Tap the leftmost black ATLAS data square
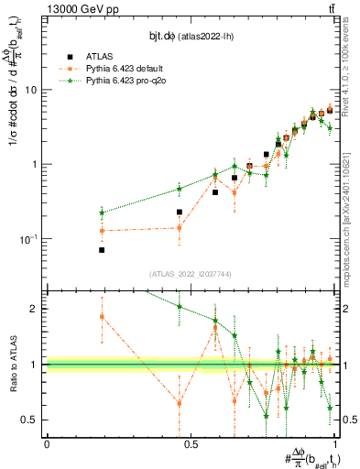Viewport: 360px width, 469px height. coord(102,249)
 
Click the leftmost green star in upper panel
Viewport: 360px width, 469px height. coord(102,213)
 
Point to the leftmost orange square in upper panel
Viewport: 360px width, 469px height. coord(102,231)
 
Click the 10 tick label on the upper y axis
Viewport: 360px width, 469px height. coord(31,90)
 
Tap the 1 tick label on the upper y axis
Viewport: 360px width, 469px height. coord(34,165)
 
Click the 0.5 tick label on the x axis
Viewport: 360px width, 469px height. coord(191,444)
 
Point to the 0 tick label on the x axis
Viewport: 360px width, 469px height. coord(47,444)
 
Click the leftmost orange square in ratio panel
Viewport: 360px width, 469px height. coord(102,317)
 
